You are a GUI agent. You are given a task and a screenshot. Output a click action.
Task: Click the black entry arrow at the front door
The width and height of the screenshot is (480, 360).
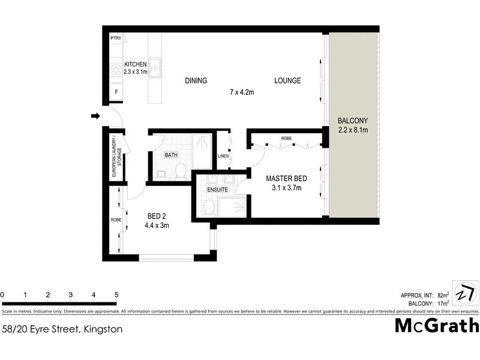coord(95,116)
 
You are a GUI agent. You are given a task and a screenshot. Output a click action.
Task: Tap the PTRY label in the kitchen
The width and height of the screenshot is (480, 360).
coord(116,38)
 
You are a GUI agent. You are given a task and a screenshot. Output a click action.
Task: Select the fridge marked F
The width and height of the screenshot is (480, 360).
coord(116,92)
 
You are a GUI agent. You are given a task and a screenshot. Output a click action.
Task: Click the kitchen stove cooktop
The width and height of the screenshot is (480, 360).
coord(115,69)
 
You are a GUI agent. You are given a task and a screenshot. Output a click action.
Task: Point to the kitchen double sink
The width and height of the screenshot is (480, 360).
coord(155,68)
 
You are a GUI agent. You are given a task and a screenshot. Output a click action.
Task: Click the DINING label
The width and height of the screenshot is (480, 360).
coord(196,81)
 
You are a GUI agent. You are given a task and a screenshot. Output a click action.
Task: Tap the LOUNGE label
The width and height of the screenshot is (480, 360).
coord(287,81)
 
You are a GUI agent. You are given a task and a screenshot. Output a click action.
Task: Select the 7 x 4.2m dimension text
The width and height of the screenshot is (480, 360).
coord(242,92)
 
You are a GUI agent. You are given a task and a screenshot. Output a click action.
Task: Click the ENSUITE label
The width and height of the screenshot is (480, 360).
coord(217,190)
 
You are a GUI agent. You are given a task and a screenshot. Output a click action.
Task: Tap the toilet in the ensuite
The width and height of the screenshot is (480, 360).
coord(209,208)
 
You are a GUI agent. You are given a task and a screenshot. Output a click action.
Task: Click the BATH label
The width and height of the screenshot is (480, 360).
coord(172,155)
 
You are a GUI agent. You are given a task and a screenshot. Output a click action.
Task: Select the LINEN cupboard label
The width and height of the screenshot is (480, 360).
coord(223,157)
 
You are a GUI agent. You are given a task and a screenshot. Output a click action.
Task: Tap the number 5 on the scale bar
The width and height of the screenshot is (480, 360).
coord(116,295)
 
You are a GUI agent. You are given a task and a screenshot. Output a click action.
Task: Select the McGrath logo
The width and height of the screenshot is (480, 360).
coord(436,326)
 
